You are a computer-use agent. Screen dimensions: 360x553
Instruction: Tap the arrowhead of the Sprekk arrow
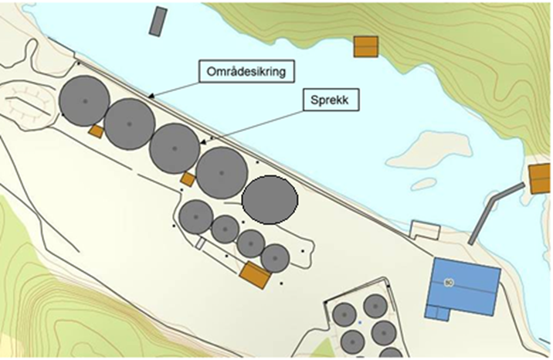(x=202, y=143)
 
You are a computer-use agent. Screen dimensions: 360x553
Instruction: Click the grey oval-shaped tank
(x=270, y=199)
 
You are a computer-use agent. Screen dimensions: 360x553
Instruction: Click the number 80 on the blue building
(x=448, y=283)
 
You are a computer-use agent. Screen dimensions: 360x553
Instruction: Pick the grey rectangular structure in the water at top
(x=158, y=21)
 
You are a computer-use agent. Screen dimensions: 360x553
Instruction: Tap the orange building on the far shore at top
(x=365, y=46)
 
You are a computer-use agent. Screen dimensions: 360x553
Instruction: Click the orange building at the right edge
(x=540, y=178)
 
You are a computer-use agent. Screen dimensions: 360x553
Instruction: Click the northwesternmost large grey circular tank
(x=83, y=100)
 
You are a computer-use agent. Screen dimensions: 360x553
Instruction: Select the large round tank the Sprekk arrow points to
(x=175, y=148)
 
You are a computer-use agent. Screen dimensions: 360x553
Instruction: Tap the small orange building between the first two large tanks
(x=97, y=132)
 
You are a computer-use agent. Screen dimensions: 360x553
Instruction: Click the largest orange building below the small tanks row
(x=254, y=273)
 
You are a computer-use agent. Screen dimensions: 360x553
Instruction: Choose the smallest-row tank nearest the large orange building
(x=275, y=257)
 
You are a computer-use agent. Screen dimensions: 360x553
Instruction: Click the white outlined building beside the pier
(x=424, y=229)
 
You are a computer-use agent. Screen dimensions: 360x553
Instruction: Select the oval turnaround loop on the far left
(x=29, y=100)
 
